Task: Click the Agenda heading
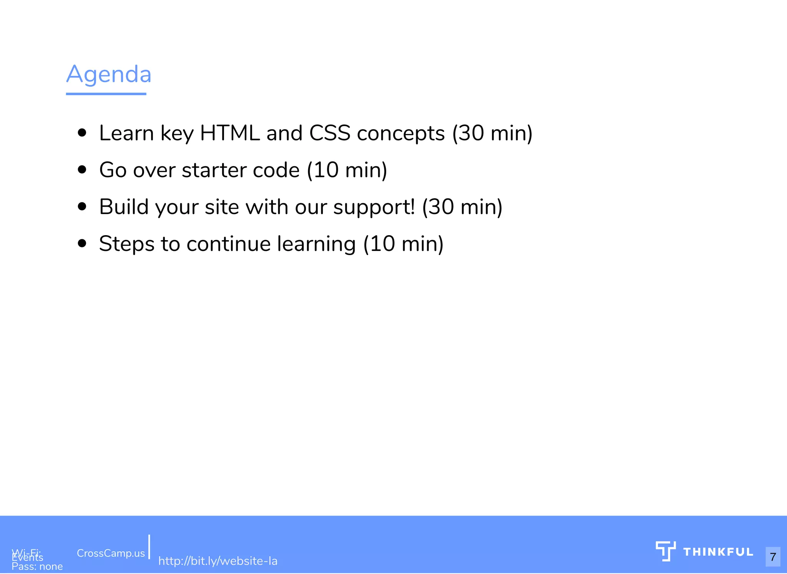coord(109,74)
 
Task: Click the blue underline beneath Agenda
coord(106,94)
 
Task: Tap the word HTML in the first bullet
coord(230,133)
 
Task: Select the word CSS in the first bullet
coord(330,133)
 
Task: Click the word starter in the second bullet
coord(214,170)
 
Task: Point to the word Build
coord(124,207)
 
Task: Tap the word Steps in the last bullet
coord(126,244)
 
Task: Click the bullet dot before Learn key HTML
coord(82,133)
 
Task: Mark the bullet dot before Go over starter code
coord(82,170)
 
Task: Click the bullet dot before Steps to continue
coord(82,244)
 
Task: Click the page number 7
coord(773,557)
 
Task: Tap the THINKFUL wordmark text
coord(718,552)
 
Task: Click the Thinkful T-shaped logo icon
coord(666,551)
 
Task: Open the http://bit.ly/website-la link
coord(218,561)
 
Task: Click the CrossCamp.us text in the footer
coord(111,553)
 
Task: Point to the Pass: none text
coord(37,567)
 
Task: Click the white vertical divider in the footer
coord(149,546)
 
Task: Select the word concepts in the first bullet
coord(401,133)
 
